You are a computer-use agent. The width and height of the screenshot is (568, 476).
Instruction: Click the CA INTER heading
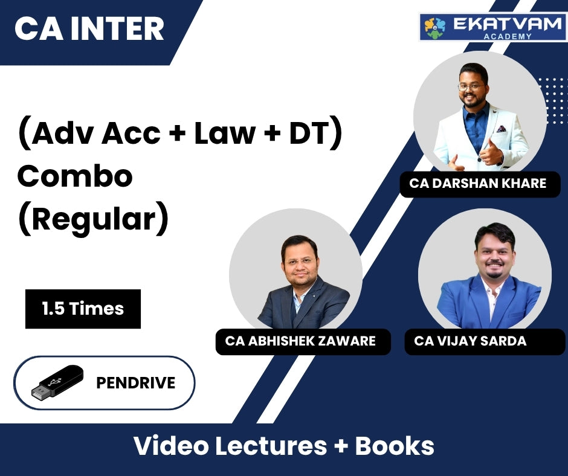pyautogui.click(x=89, y=28)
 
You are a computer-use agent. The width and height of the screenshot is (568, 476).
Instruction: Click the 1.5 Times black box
pyautogui.click(x=83, y=309)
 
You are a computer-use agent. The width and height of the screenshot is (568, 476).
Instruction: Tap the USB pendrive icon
pyautogui.click(x=57, y=383)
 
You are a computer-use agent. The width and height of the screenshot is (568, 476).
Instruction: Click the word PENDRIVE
pyautogui.click(x=136, y=383)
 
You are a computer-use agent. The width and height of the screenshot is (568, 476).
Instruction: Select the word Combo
pyautogui.click(x=75, y=176)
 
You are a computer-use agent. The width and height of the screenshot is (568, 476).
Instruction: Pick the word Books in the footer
pyautogui.click(x=394, y=446)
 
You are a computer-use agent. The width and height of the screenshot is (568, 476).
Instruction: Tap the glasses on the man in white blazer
pyautogui.click(x=471, y=87)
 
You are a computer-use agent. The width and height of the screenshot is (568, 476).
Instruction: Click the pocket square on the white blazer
pyautogui.click(x=502, y=129)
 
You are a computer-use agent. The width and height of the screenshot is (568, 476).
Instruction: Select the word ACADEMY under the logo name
pyautogui.click(x=508, y=36)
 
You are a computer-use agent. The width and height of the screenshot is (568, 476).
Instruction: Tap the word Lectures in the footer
pyautogui.click(x=271, y=446)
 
